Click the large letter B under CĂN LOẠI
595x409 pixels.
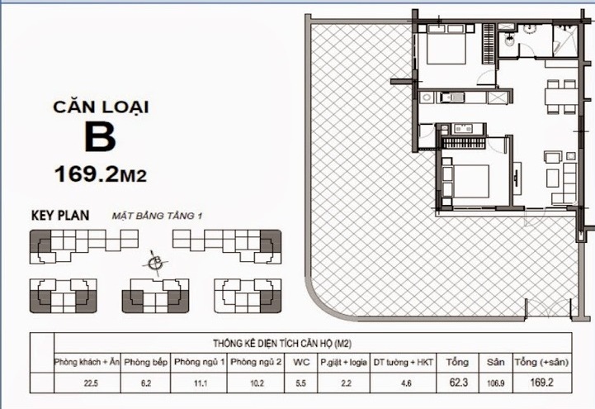tap(100, 137)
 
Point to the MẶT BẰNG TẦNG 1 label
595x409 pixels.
tap(157, 216)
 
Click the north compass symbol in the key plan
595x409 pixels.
tap(153, 263)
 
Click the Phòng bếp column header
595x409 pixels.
tap(147, 362)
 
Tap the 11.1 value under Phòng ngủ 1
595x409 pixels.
tap(199, 383)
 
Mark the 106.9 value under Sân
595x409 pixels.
tap(494, 383)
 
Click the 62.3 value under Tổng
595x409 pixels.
tap(456, 383)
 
